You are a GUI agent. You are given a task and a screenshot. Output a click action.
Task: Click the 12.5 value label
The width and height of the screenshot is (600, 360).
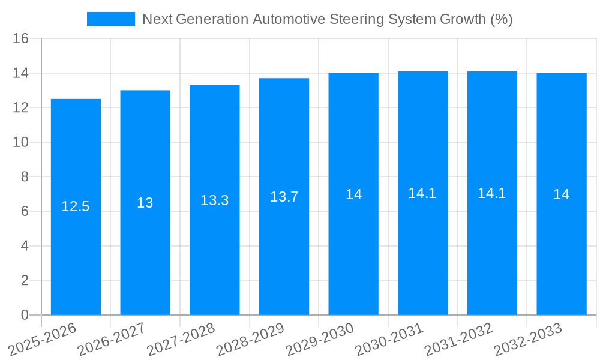76,207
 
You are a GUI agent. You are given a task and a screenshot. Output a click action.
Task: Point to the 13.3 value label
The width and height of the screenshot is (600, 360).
215,200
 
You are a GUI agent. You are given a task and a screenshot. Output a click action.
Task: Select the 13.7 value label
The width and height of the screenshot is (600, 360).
284,197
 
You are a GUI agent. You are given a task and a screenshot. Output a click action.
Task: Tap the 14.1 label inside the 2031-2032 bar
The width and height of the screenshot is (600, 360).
492,193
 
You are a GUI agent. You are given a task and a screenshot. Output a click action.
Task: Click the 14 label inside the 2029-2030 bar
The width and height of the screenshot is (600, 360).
353,194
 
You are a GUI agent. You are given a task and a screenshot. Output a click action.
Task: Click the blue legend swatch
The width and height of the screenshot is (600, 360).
111,19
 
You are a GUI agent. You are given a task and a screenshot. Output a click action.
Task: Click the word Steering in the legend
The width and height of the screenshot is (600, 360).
356,19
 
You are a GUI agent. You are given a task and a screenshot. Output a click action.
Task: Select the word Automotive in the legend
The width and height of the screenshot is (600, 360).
289,19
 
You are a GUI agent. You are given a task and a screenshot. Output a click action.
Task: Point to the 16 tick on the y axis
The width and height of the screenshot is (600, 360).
21,39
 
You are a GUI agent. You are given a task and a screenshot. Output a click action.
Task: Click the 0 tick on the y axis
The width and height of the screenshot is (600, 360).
25,315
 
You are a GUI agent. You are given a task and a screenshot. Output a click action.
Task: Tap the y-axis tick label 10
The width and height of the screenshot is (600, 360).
21,143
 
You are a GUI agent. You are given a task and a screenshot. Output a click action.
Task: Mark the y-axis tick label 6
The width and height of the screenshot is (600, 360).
25,212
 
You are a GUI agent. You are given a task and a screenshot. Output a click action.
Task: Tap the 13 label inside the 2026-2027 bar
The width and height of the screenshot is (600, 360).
145,203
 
